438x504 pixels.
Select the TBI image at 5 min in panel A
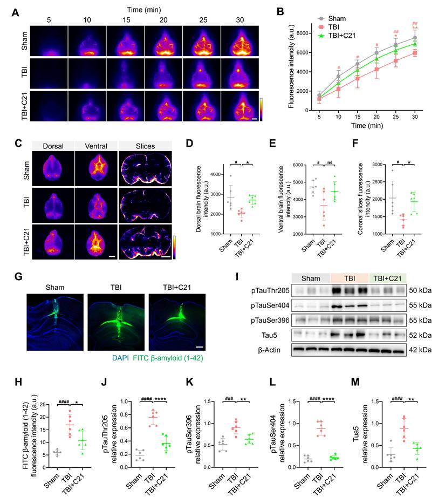pyautogui.click(x=49, y=73)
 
